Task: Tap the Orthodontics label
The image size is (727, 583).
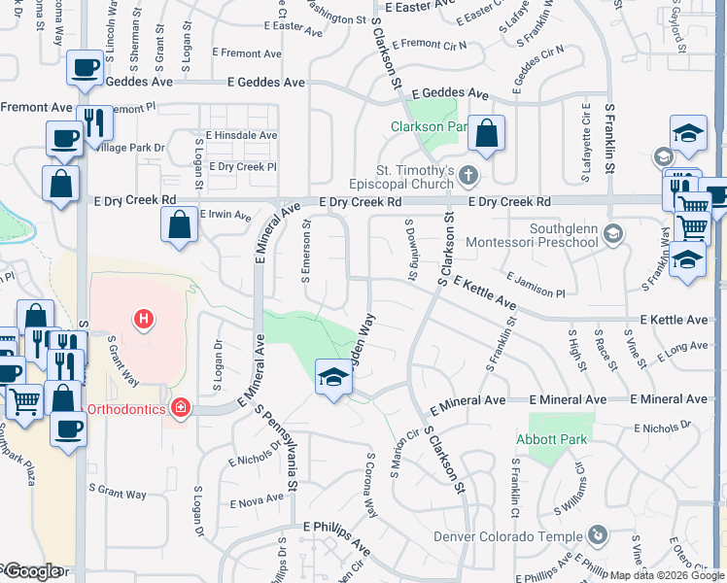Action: (x=128, y=409)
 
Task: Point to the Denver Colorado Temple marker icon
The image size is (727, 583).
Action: (x=599, y=535)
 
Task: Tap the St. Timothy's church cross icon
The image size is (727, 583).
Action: (x=468, y=176)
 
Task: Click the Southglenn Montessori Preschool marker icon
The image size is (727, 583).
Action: (x=612, y=233)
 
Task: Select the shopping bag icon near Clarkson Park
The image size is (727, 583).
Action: (x=486, y=133)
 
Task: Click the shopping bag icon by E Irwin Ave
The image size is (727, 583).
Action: (x=180, y=225)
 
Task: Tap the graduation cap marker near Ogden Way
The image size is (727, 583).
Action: (x=333, y=374)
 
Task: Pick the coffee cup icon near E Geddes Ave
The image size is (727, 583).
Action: (x=85, y=68)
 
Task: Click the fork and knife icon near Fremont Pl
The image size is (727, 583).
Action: (x=93, y=122)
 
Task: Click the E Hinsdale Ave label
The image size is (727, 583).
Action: (x=241, y=136)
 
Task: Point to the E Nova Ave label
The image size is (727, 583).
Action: (x=257, y=502)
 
